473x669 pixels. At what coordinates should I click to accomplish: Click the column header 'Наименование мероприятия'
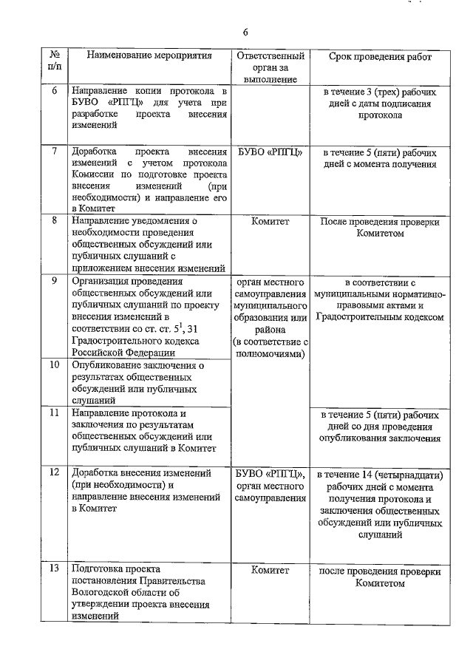tap(149, 56)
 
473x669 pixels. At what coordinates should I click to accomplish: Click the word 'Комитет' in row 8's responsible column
tap(269, 220)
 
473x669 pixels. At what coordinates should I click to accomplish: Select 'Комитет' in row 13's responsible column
tap(269, 571)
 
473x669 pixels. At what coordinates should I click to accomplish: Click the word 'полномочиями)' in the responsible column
tap(269, 353)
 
